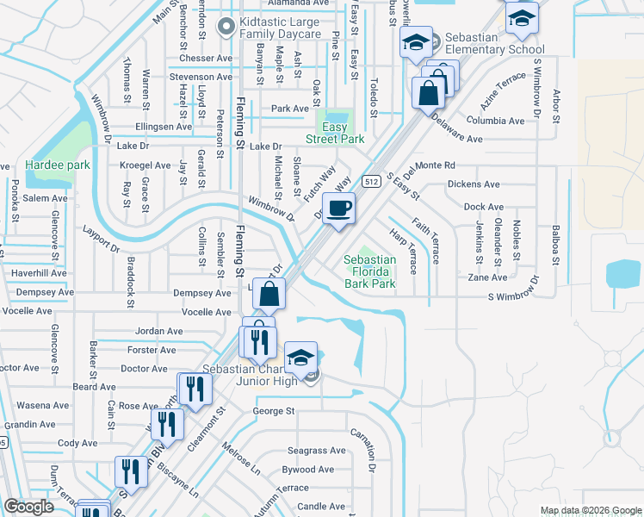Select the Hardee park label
click(x=58, y=165)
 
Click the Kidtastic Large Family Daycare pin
click(x=226, y=27)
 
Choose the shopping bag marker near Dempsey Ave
click(x=269, y=295)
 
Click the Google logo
click(x=29, y=507)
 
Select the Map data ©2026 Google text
click(x=590, y=510)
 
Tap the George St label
click(x=274, y=411)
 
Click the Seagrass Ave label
click(x=316, y=450)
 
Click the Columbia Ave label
click(x=496, y=121)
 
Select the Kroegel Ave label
click(x=146, y=165)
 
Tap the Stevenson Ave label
click(x=201, y=77)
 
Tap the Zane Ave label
click(x=488, y=277)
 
